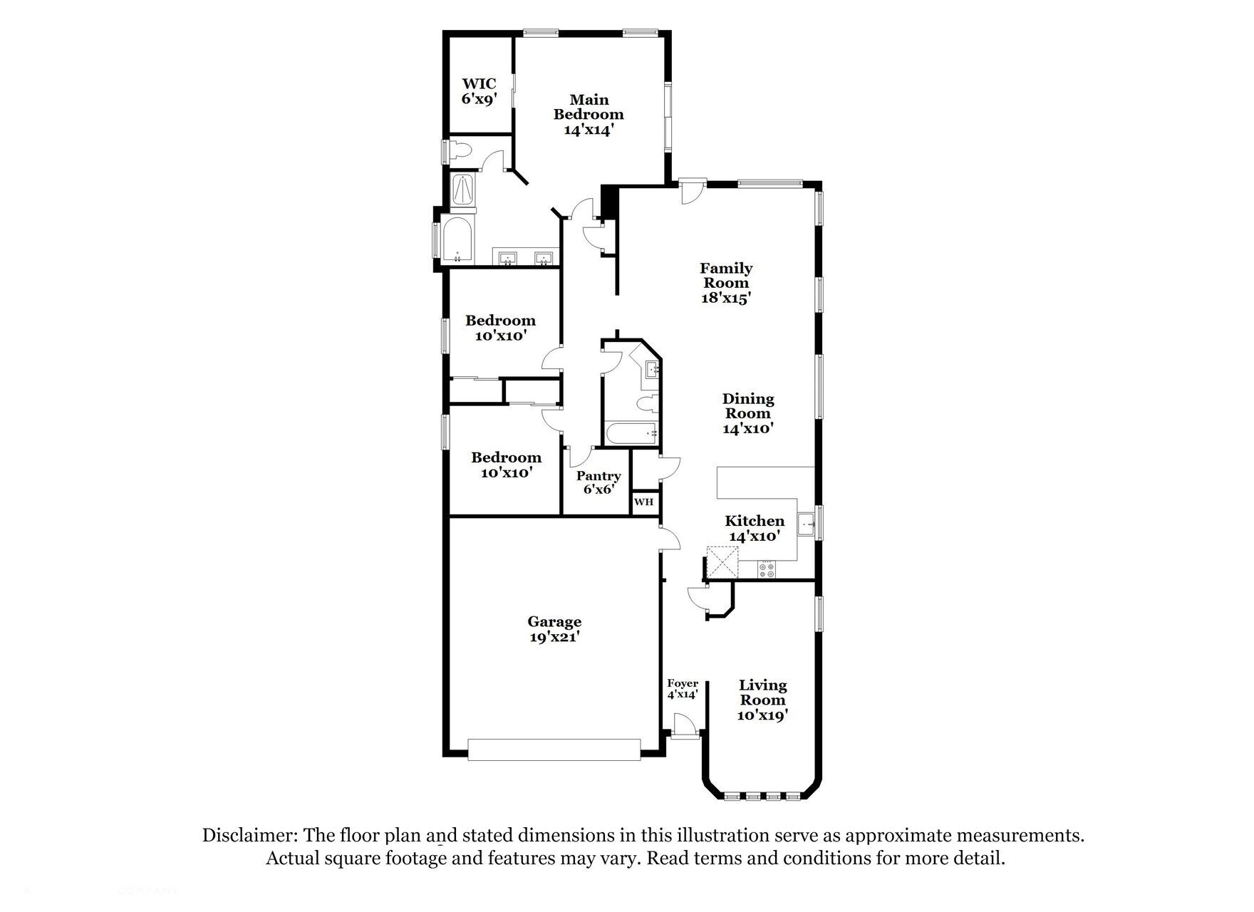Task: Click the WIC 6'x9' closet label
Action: click(478, 92)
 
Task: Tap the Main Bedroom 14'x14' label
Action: click(589, 115)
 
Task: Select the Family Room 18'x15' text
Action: click(726, 283)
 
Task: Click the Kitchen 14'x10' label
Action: click(755, 528)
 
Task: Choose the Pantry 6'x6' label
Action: click(598, 482)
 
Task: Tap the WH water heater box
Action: click(643, 502)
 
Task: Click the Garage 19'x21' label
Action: click(554, 629)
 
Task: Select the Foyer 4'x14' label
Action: click(682, 688)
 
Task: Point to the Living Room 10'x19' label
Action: click(762, 700)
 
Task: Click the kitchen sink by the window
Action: click(807, 525)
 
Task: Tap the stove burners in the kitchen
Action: click(767, 569)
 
